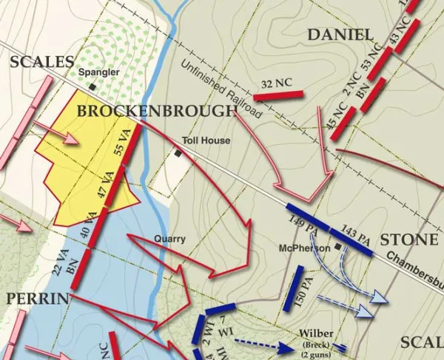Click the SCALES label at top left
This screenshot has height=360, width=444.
coord(42,62)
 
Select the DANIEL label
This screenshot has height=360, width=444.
coord(340,35)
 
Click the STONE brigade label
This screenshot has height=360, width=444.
coord(408,240)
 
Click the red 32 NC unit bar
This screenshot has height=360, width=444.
coord(279,94)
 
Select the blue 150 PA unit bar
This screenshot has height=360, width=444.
coord(295,288)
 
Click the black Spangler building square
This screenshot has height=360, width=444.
coord(92,86)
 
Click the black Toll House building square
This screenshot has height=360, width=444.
coord(178,153)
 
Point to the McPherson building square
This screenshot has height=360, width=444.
coord(337,246)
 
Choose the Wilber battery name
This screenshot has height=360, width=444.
coord(316,334)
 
